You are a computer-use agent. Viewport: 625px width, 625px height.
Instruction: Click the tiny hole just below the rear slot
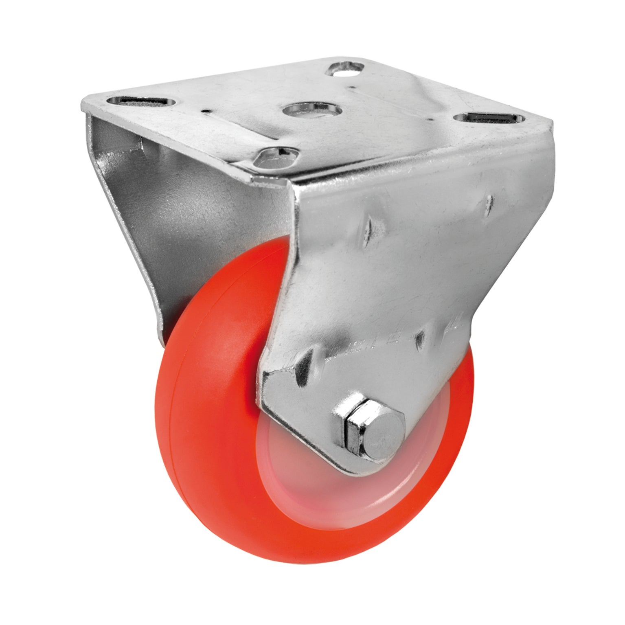349,87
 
